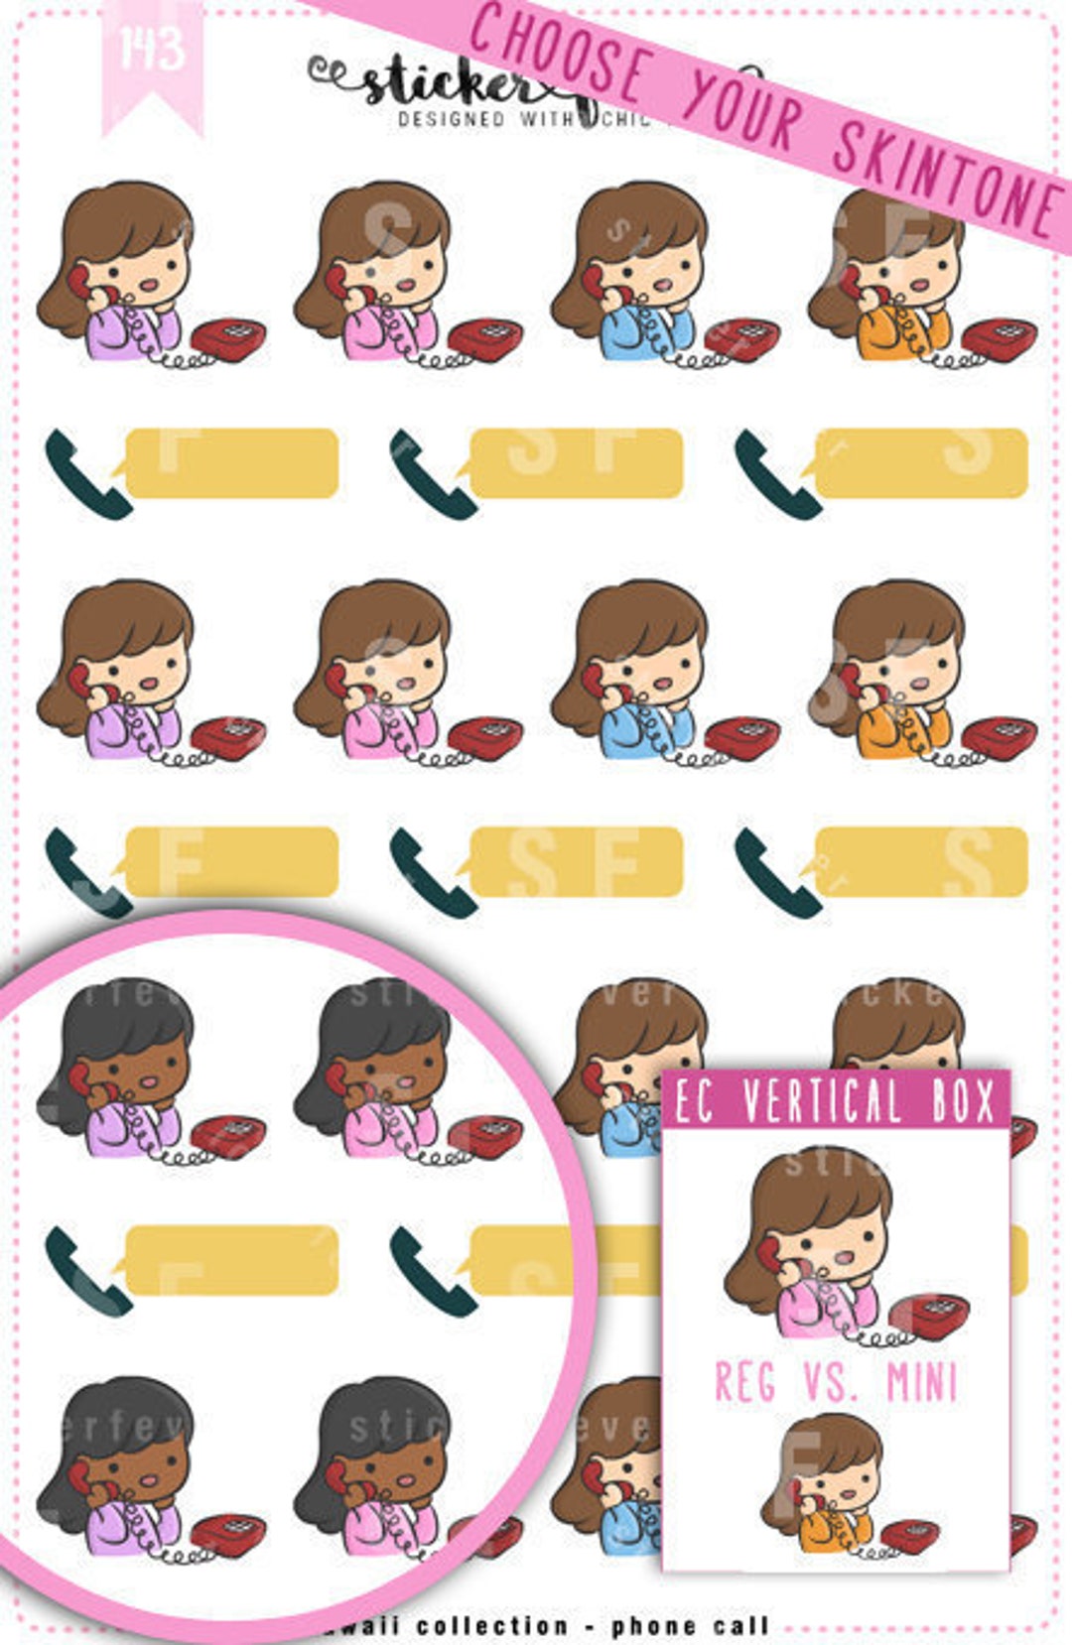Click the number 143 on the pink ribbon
[x=152, y=48]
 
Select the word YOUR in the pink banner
[x=743, y=110]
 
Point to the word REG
[x=745, y=1381]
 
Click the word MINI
[x=922, y=1382]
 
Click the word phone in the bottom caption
[x=654, y=1625]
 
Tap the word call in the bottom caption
[x=740, y=1625]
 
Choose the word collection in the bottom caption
[x=492, y=1625]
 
